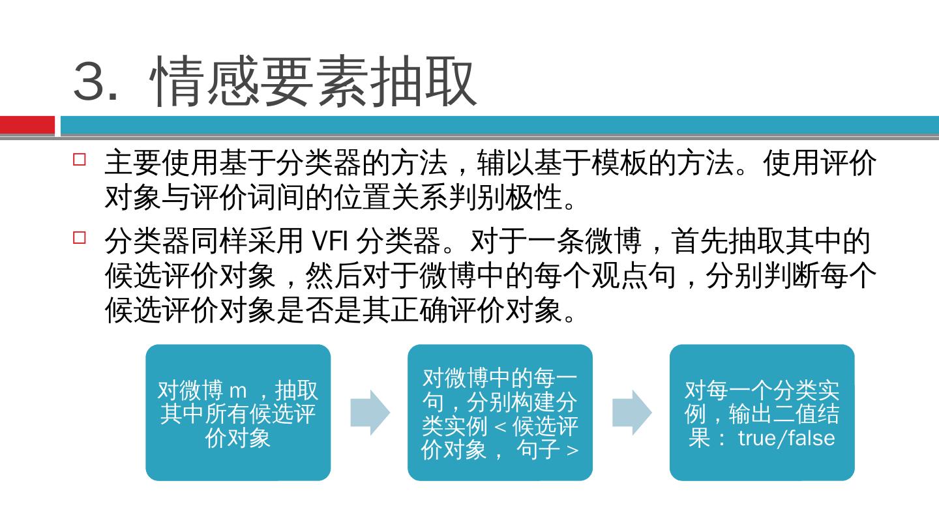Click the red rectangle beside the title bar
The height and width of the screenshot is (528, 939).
coord(27,125)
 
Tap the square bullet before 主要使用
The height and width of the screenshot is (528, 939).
coord(80,159)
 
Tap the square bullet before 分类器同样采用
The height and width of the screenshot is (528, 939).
coord(80,237)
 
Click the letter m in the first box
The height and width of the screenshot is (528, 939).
coord(238,392)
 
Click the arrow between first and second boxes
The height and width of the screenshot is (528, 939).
coord(370,413)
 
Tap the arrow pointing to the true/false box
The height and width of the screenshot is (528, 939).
coord(631,413)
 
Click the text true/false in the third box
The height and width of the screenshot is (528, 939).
coord(786,437)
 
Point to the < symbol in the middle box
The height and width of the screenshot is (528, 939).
coord(500,428)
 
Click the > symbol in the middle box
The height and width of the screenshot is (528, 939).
coord(573,450)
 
